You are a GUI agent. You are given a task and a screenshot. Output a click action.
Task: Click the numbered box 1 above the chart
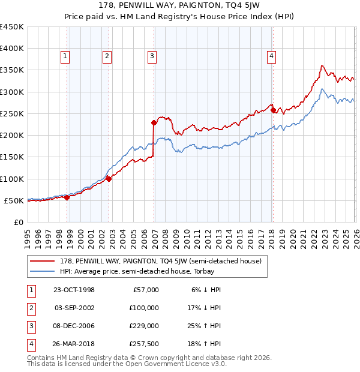pyautogui.click(x=64, y=56)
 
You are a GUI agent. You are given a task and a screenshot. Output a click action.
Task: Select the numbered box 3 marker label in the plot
pyautogui.click(x=152, y=56)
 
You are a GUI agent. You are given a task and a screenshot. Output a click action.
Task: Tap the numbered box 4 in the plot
pyautogui.click(x=271, y=56)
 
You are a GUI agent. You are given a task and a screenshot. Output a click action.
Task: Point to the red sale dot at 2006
pyautogui.click(x=154, y=122)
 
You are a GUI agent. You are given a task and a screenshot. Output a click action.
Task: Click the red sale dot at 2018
pyautogui.click(x=273, y=110)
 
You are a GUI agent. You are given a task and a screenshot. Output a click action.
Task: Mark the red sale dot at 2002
pyautogui.click(x=109, y=179)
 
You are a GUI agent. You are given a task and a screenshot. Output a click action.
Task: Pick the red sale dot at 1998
pyautogui.click(x=67, y=197)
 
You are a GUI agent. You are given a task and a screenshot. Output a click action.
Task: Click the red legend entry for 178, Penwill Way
pyautogui.click(x=160, y=261)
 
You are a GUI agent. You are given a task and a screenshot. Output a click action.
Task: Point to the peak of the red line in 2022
pyautogui.click(x=322, y=65)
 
